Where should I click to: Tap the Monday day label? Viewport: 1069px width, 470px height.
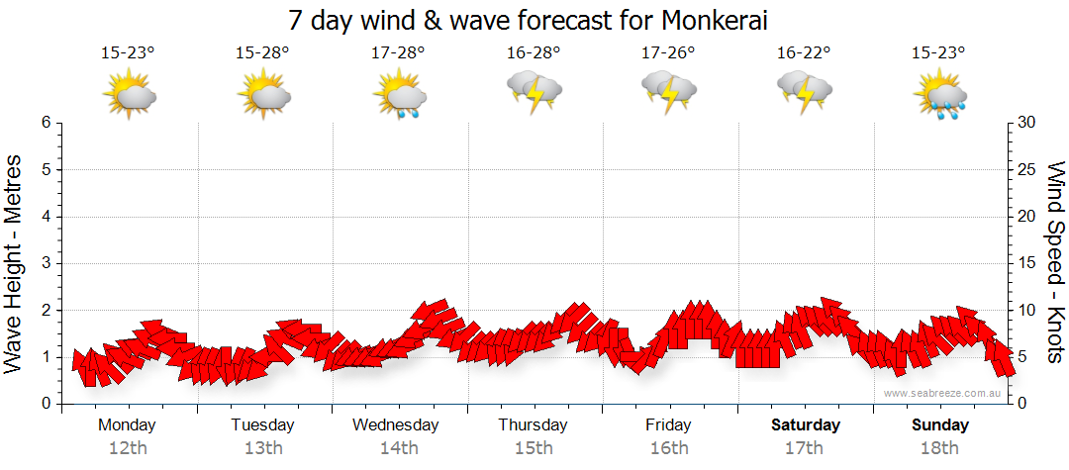pos(127,425)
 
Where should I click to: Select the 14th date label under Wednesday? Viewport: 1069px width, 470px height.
pos(398,448)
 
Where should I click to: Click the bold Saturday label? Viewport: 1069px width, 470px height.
pos(806,425)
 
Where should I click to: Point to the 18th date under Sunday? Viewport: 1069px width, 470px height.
pos(941,448)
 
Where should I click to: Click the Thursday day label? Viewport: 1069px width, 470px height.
pos(534,425)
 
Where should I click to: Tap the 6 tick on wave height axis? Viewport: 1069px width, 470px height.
pos(46,123)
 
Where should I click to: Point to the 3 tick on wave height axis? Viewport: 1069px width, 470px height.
pos(46,263)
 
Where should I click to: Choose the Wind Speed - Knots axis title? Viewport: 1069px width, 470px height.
pos(1054,263)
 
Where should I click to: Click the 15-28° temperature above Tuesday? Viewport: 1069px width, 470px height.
pos(262,52)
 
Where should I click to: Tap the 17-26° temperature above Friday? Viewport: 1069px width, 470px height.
pos(668,52)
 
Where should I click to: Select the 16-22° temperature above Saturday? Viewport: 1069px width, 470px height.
pos(803,52)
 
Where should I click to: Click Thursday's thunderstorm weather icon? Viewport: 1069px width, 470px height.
pos(534,91)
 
